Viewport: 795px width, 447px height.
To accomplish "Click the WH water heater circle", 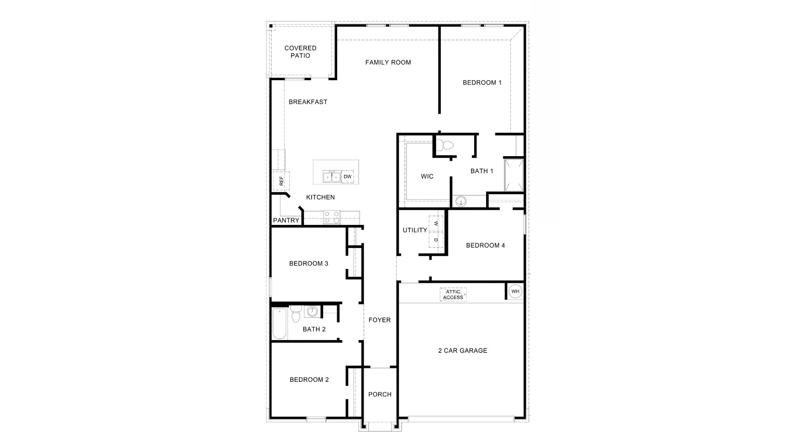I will point(515,292).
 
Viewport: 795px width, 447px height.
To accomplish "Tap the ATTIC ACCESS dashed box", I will point(453,295).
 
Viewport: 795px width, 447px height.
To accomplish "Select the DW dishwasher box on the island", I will point(347,177).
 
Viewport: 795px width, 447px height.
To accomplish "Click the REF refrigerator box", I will point(281,181).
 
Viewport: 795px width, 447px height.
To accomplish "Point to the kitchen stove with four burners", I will point(332,217).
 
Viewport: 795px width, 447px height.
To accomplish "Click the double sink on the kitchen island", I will point(332,176).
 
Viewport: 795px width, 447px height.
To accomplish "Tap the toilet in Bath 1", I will point(444,145).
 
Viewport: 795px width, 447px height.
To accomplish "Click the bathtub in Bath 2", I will point(279,324).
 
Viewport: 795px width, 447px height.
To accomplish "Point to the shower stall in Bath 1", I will point(514,175).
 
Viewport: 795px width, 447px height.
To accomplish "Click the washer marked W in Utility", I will point(436,223).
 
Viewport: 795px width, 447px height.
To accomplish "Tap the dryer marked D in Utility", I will point(436,240).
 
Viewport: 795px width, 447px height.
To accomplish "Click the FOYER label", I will point(380,320).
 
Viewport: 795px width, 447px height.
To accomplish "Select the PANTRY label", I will point(286,221).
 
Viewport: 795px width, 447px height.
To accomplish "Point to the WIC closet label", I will point(427,176).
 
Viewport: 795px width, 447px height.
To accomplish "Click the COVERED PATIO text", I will point(301,52).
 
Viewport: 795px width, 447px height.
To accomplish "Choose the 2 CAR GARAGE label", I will point(463,350).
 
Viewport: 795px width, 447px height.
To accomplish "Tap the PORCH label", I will point(380,395).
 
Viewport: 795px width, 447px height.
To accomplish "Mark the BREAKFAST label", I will point(308,102).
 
